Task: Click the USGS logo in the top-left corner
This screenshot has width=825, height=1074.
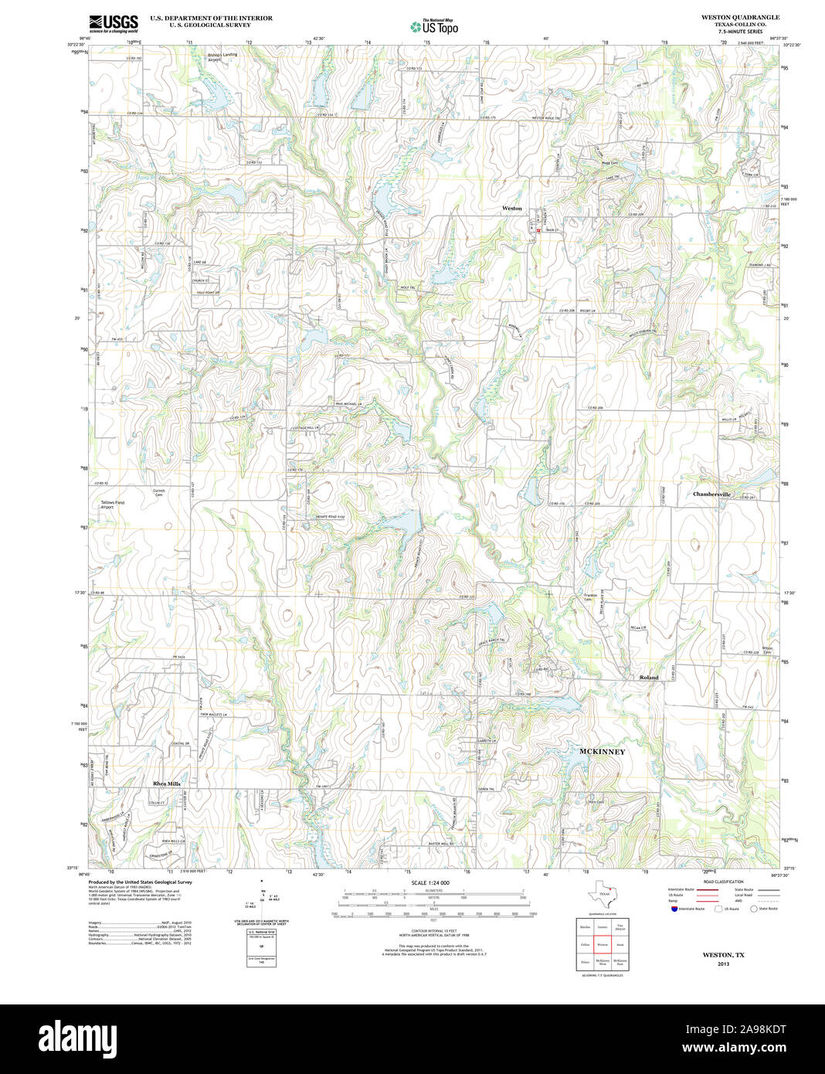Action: [113, 22]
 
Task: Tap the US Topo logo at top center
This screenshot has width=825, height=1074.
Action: [434, 26]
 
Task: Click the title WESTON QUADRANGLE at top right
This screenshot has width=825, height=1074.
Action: [740, 17]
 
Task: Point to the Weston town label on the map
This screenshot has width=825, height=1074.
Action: [512, 209]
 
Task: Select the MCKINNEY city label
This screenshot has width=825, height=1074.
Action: [602, 751]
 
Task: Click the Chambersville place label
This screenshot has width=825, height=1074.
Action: [711, 494]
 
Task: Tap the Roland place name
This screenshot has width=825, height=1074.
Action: [649, 678]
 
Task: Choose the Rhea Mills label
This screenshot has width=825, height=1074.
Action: [166, 783]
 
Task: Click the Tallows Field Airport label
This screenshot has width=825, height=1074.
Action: [112, 505]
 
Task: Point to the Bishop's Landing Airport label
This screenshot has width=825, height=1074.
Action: [225, 57]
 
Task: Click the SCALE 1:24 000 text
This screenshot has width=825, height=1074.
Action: [430, 882]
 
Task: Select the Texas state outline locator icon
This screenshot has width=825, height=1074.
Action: [603, 894]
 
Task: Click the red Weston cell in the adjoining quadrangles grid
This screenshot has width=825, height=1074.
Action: [603, 944]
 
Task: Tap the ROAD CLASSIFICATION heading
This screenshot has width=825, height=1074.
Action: [723, 882]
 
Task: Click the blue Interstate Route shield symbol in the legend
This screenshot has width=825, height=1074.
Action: [673, 909]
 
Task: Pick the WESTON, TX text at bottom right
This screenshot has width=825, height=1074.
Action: [723, 955]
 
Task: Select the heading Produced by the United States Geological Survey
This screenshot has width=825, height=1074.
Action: [140, 882]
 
